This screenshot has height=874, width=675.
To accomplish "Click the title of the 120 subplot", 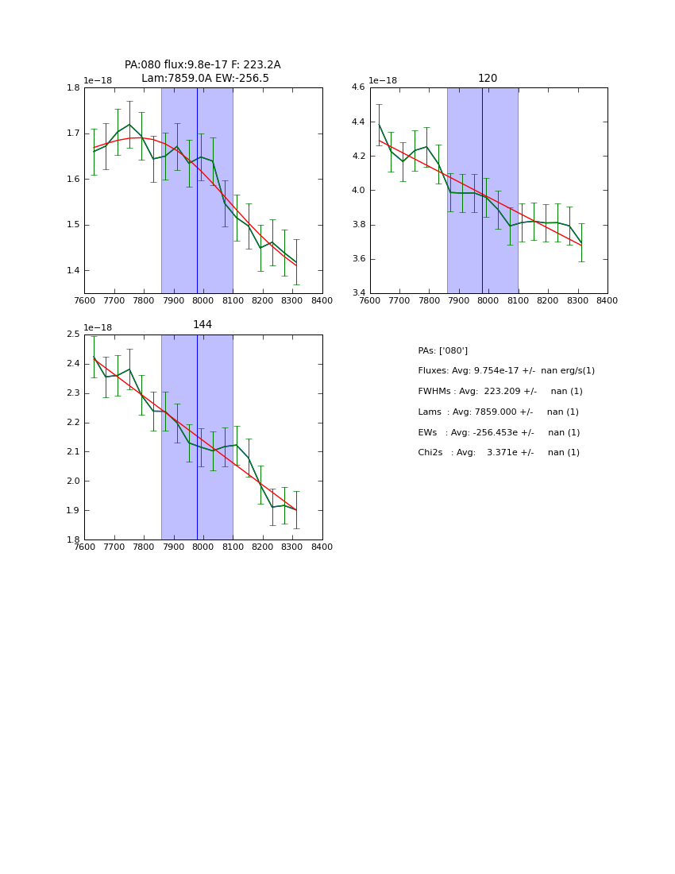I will pyautogui.click(x=488, y=79).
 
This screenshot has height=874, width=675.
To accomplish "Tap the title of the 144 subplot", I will pyautogui.click(x=202, y=325).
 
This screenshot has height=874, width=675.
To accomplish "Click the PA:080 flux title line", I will pyautogui.click(x=202, y=65).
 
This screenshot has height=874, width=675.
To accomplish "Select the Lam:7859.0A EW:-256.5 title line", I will pyautogui.click(x=205, y=79).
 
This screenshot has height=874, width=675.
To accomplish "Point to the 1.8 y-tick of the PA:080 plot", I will pyautogui.click(x=73, y=88).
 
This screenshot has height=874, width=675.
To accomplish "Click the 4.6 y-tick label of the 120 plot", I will pyautogui.click(x=358, y=87).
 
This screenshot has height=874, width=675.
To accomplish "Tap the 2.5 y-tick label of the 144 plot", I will pyautogui.click(x=73, y=335).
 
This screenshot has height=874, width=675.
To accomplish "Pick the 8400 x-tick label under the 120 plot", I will pyautogui.click(x=607, y=301).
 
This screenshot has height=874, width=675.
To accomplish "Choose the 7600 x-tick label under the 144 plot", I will pyautogui.click(x=84, y=547).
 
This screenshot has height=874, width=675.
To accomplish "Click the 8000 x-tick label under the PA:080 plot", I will pyautogui.click(x=202, y=301).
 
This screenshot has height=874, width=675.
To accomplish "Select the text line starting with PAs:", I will pyautogui.click(x=442, y=351).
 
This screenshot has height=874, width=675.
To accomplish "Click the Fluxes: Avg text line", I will pyautogui.click(x=506, y=371).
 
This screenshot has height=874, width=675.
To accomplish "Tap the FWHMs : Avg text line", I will pyautogui.click(x=499, y=392).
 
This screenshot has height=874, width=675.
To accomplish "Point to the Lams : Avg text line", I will pyautogui.click(x=498, y=412).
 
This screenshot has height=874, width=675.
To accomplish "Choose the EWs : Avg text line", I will pyautogui.click(x=499, y=433).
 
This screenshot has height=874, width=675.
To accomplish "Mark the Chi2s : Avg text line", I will pyautogui.click(x=499, y=453).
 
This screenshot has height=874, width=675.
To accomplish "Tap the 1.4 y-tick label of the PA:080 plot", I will pyautogui.click(x=73, y=271).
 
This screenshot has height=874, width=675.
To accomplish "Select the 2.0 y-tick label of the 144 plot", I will pyautogui.click(x=73, y=481).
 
